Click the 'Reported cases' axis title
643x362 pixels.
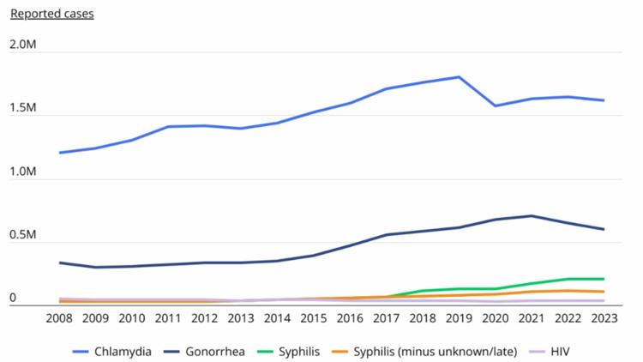coord(51,14)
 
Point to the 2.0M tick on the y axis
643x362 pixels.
coord(25,45)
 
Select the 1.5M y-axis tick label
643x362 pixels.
coord(25,108)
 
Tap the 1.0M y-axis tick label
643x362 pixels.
coord(25,172)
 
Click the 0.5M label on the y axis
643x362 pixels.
coord(25,235)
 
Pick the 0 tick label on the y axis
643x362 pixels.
coord(14,298)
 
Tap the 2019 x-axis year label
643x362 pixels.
coord(459,319)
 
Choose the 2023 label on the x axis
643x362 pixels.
coord(604,319)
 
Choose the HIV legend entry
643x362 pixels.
coord(557,351)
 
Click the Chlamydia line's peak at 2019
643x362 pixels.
coord(459,77)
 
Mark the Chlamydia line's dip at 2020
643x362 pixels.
coord(496,106)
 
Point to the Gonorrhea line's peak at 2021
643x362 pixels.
coord(532,216)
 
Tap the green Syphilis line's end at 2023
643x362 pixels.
coord(604,279)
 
